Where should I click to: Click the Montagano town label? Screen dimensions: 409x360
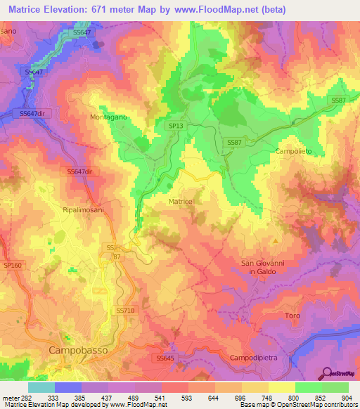pyautogui.click(x=108, y=118)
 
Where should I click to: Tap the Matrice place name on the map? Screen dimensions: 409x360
pyautogui.click(x=181, y=202)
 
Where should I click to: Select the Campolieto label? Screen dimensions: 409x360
pyautogui.click(x=293, y=151)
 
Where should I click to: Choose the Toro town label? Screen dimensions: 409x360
pyautogui.click(x=292, y=316)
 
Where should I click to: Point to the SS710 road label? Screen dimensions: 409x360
pyautogui.click(x=124, y=310)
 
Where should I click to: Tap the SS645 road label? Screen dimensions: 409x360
pyautogui.click(x=164, y=358)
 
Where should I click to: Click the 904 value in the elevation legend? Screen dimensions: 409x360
pyautogui.click(x=347, y=397)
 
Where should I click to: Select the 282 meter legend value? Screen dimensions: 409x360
pyautogui.click(x=15, y=397)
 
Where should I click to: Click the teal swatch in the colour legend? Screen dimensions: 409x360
pyautogui.click(x=41, y=387)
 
